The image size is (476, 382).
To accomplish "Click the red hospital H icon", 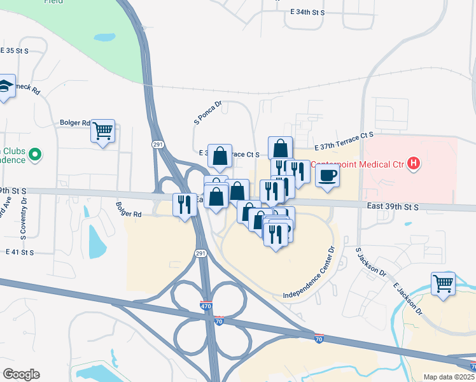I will point(414,164).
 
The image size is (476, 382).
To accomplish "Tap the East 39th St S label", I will point(393,207).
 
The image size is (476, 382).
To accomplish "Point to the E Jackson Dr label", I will point(407,299).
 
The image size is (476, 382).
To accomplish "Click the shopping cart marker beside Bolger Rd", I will point(102,131).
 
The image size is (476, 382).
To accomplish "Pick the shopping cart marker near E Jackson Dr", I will point(444,283).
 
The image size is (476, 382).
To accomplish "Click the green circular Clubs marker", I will point(36,154).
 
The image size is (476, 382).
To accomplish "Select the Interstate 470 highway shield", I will point(206,306).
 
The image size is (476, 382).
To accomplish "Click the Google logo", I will point(21,374).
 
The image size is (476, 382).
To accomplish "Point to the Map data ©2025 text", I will point(449,377).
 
